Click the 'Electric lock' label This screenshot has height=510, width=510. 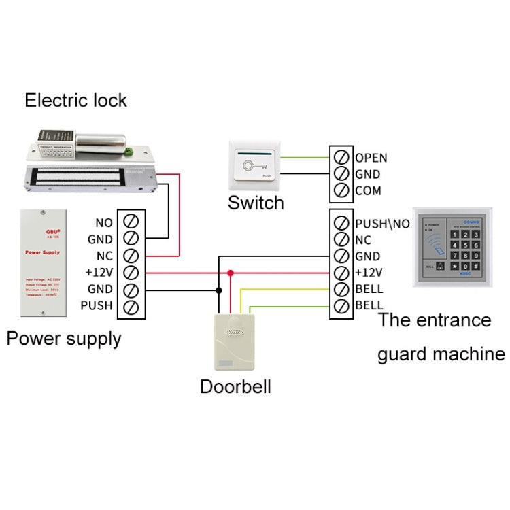75,101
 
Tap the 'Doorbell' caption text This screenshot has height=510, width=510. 235,387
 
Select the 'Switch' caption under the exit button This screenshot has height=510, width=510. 255,203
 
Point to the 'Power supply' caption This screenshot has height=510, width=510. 64,339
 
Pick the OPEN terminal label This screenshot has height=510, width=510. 371,158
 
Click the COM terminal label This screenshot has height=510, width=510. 368,191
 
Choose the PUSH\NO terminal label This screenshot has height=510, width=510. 382,223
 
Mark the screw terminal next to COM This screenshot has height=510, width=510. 341,191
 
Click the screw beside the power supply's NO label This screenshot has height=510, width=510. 131,222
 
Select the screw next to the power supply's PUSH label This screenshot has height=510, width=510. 131,307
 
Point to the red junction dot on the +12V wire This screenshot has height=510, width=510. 231,273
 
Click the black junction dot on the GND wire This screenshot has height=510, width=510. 218,290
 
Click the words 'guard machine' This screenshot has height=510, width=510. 441,354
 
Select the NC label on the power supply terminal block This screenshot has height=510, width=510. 104,256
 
